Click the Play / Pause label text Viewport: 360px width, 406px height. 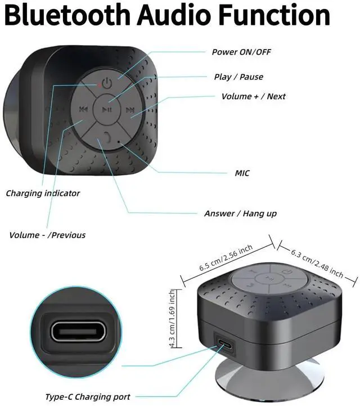point(238,77)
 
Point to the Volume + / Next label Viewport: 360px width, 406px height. point(253,96)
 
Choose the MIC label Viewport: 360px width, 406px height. point(242,173)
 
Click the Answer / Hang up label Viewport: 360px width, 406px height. point(240,214)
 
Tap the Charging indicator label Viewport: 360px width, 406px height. point(43,193)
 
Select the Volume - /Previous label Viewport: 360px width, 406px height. point(47,235)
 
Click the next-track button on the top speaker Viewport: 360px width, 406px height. point(130,110)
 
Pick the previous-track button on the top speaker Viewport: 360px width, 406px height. point(83,109)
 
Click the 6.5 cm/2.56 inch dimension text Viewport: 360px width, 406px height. point(227,256)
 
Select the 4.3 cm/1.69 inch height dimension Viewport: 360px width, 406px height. point(174,319)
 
